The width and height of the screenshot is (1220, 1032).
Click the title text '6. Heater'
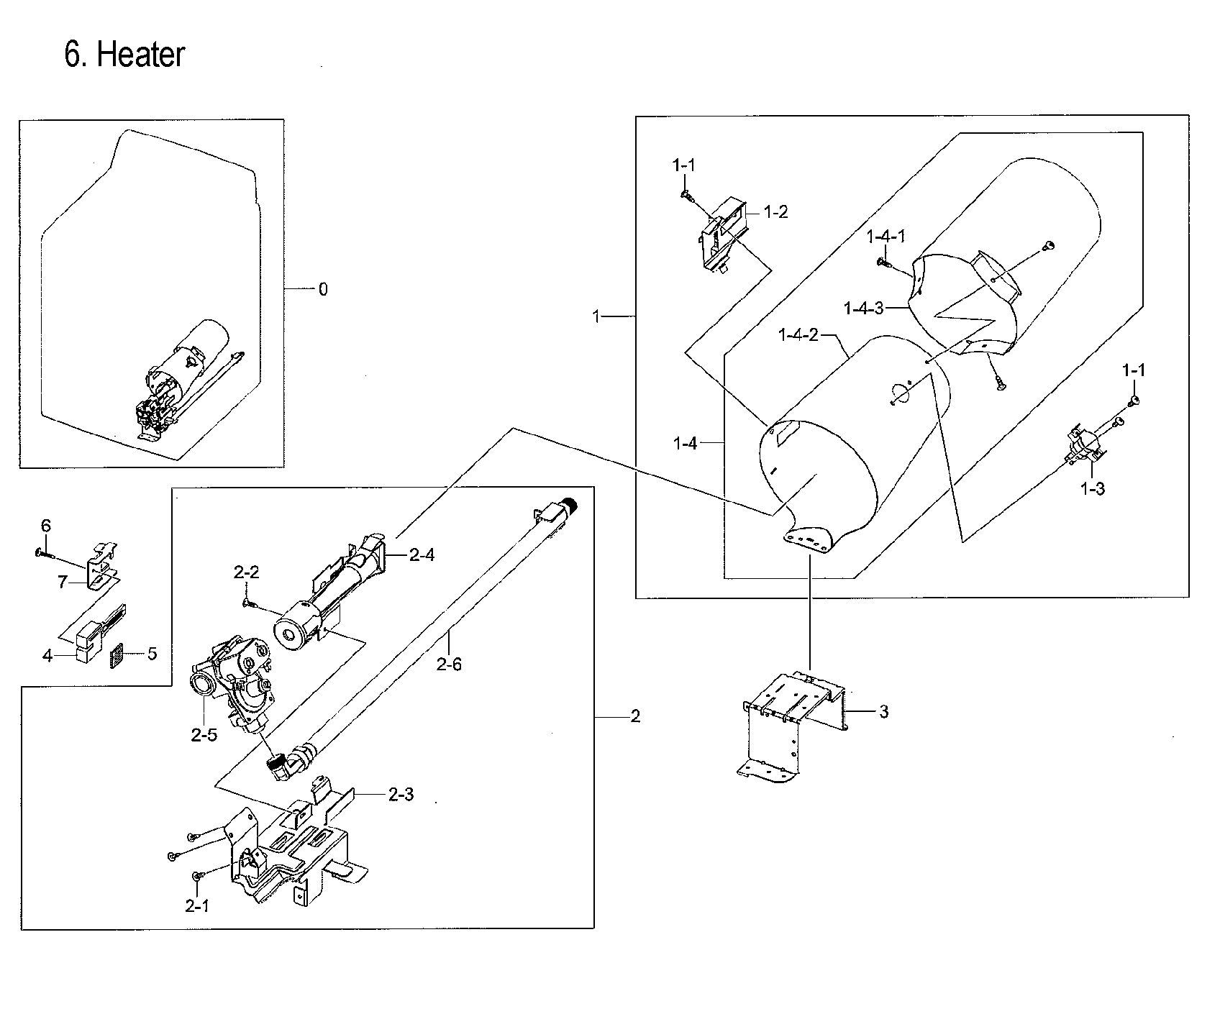(x=124, y=55)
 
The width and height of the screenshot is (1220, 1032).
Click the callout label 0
(x=323, y=289)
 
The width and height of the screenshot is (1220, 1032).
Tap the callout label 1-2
(x=775, y=212)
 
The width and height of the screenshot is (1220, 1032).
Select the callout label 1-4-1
(x=886, y=237)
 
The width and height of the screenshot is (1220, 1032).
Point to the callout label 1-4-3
(x=863, y=309)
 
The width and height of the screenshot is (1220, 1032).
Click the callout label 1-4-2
(x=798, y=335)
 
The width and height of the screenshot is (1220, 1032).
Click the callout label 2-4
(x=422, y=554)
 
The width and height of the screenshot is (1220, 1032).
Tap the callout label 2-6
(x=449, y=664)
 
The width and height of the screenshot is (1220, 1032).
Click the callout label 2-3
(x=401, y=795)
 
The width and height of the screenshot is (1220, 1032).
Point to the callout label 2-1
(x=196, y=907)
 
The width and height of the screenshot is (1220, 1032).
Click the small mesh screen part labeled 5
(x=117, y=655)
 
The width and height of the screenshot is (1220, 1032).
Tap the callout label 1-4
(x=685, y=444)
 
